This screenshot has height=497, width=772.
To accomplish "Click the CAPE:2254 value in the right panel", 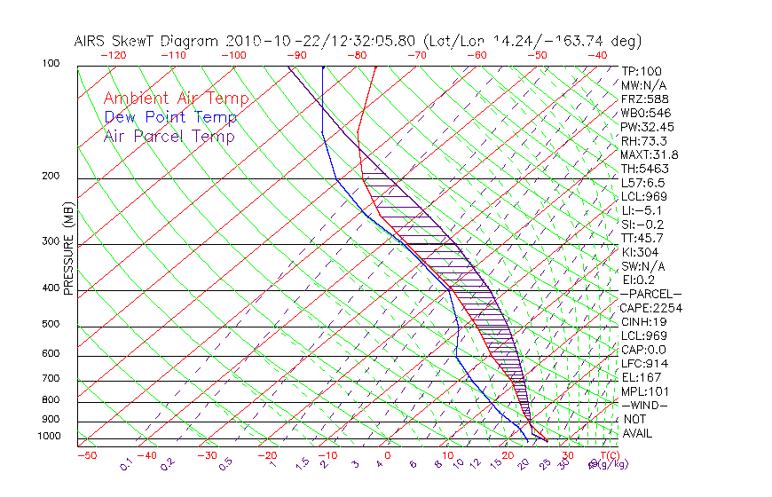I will [x=650, y=308].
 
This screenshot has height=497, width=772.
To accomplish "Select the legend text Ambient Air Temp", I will [x=177, y=99].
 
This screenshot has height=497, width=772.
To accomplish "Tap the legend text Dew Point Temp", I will [x=170, y=117].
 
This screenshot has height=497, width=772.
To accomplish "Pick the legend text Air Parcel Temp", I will [x=169, y=136].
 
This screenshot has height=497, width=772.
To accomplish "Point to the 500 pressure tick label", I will [x=51, y=325].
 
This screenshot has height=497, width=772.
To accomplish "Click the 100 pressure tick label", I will [x=51, y=64].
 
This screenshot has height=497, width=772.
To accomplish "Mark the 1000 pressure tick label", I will [x=48, y=437].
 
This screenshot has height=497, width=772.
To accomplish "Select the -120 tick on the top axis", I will [x=113, y=55].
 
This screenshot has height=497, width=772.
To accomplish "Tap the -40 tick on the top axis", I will [x=597, y=55].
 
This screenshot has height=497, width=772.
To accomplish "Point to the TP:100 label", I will [x=642, y=71].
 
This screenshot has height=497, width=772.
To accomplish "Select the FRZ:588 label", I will [x=645, y=99].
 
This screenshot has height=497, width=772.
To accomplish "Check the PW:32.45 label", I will [x=648, y=127].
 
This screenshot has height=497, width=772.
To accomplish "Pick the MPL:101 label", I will [x=645, y=391].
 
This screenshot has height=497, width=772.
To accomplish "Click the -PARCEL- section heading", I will [x=650, y=294].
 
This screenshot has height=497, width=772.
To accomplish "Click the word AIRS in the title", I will [x=92, y=41].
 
